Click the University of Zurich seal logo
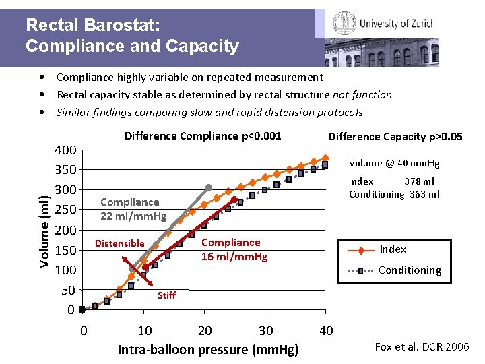tap(344, 23)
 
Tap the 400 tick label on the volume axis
tap(65, 150)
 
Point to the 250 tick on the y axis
tap(65, 210)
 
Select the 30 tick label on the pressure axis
tap(265, 331)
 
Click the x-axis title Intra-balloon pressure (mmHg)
tap(208, 350)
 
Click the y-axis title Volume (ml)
tap(44, 231)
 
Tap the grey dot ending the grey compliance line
tap(209, 187)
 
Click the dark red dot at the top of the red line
tap(234, 200)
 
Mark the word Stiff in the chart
tap(167, 295)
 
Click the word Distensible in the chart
tap(120, 243)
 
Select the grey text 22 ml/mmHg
tap(133, 216)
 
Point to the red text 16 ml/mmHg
tap(234, 257)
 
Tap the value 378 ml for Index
tap(419, 181)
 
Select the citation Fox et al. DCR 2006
tap(422, 346)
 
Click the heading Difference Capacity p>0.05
tap(395, 136)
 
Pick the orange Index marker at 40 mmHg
tap(325, 158)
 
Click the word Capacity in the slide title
tap(202, 47)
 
